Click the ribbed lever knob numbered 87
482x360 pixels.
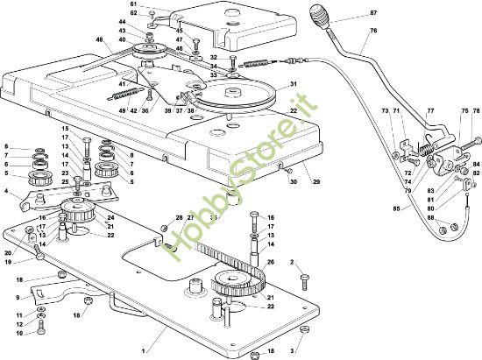(x=320, y=17)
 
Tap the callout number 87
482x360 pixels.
(x=373, y=13)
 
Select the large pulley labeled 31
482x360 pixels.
(x=236, y=93)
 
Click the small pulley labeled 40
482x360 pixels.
(x=149, y=50)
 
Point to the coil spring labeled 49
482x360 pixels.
(x=125, y=94)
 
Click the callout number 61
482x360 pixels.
(x=133, y=4)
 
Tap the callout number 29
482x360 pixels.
(x=315, y=182)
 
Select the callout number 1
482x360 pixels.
(x=143, y=350)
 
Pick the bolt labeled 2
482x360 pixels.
(x=305, y=282)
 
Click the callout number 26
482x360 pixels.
(x=271, y=262)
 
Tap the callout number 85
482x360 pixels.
(x=396, y=208)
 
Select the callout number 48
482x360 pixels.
(x=99, y=39)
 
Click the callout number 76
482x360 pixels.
(x=373, y=31)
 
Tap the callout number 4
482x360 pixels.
(x=6, y=191)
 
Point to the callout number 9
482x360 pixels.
(x=18, y=297)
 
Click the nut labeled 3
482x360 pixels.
(x=304, y=329)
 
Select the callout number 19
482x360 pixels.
(x=8, y=262)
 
